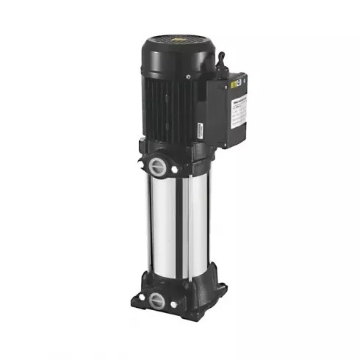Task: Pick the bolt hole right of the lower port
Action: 175,303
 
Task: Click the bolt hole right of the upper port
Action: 174,170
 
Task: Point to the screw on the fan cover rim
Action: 188,76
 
